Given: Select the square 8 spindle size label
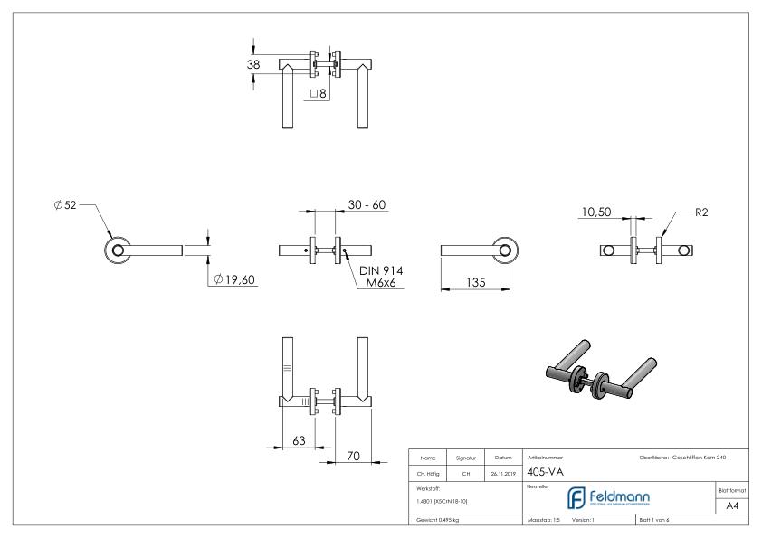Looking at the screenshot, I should pos(318,93).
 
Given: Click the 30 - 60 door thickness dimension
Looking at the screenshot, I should pos(367,205).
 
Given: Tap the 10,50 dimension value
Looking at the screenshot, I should pos(597,212).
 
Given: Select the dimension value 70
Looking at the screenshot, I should pos(354,456).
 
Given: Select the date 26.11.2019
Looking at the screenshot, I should pos(503,472).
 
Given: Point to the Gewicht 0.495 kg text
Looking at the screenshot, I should pos(437,520).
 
